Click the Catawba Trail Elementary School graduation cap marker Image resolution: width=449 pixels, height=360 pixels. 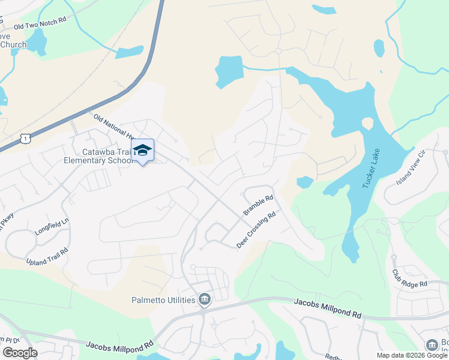pos(142,151)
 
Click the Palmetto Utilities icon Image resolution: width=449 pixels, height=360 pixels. pos(204,299)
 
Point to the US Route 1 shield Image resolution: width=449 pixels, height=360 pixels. pos(25,139)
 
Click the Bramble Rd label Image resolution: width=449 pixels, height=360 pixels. pos(259,205)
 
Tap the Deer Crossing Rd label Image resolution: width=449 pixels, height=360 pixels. pos(256,230)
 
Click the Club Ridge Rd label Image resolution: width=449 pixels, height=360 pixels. pos(409,278)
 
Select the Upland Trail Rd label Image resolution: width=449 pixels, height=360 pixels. pos(47,256)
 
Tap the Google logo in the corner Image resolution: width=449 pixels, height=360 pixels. pos(19,352)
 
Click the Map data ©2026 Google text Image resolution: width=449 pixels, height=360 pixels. pos(412,355)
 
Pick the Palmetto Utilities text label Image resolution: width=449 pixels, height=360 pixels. pos(163,300)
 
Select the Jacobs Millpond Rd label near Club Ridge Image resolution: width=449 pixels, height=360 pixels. pos(327,309)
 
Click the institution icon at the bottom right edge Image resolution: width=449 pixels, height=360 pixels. pos(432,345)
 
